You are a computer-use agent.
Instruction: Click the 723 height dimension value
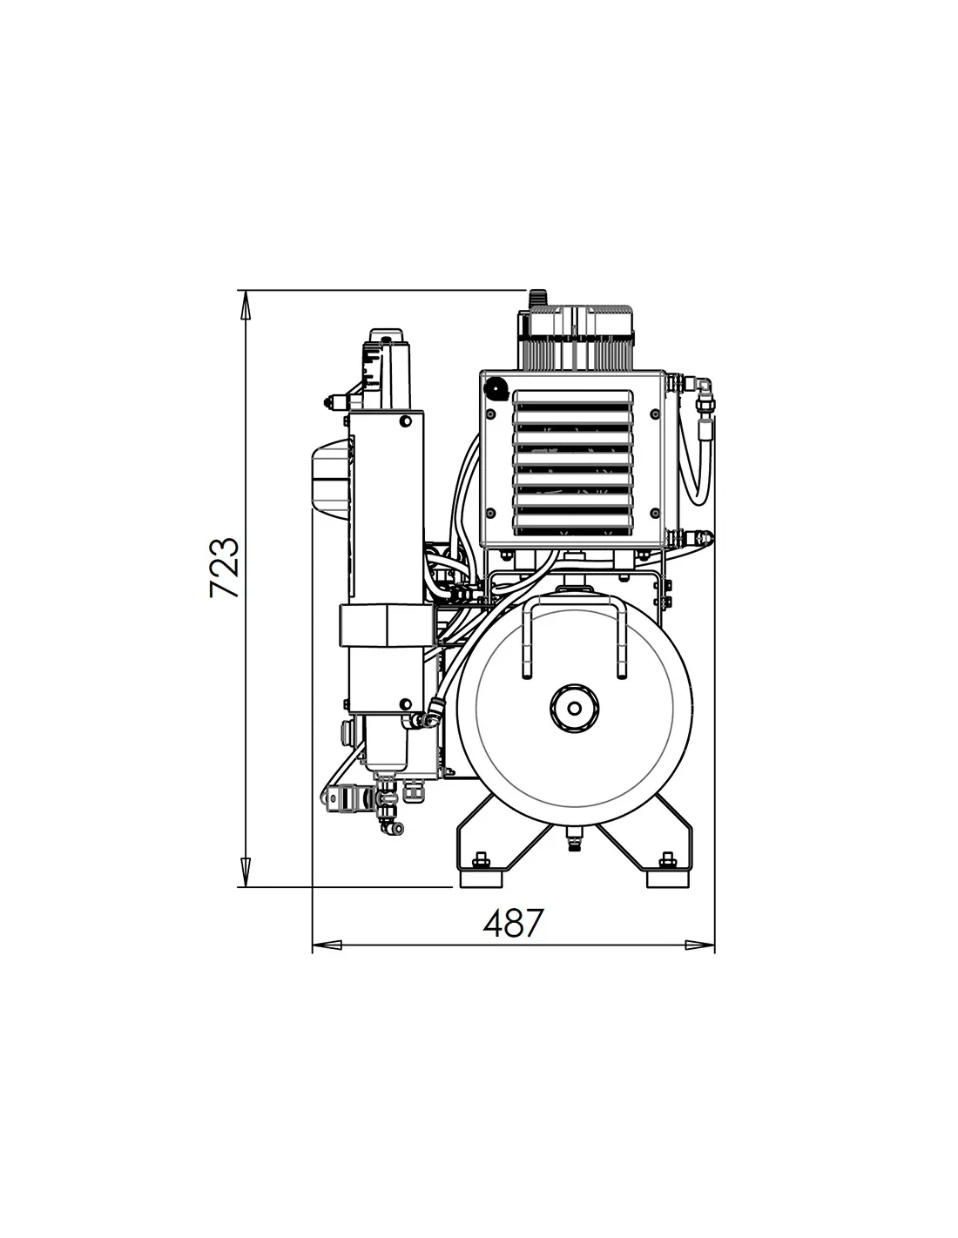click(224, 567)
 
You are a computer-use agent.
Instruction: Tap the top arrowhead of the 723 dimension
click(246, 304)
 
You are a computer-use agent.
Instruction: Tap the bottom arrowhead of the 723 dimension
click(246, 872)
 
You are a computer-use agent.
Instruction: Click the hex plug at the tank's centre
click(575, 708)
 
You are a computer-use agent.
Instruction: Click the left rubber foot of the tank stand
click(482, 878)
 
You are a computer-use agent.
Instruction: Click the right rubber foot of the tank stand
click(669, 878)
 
